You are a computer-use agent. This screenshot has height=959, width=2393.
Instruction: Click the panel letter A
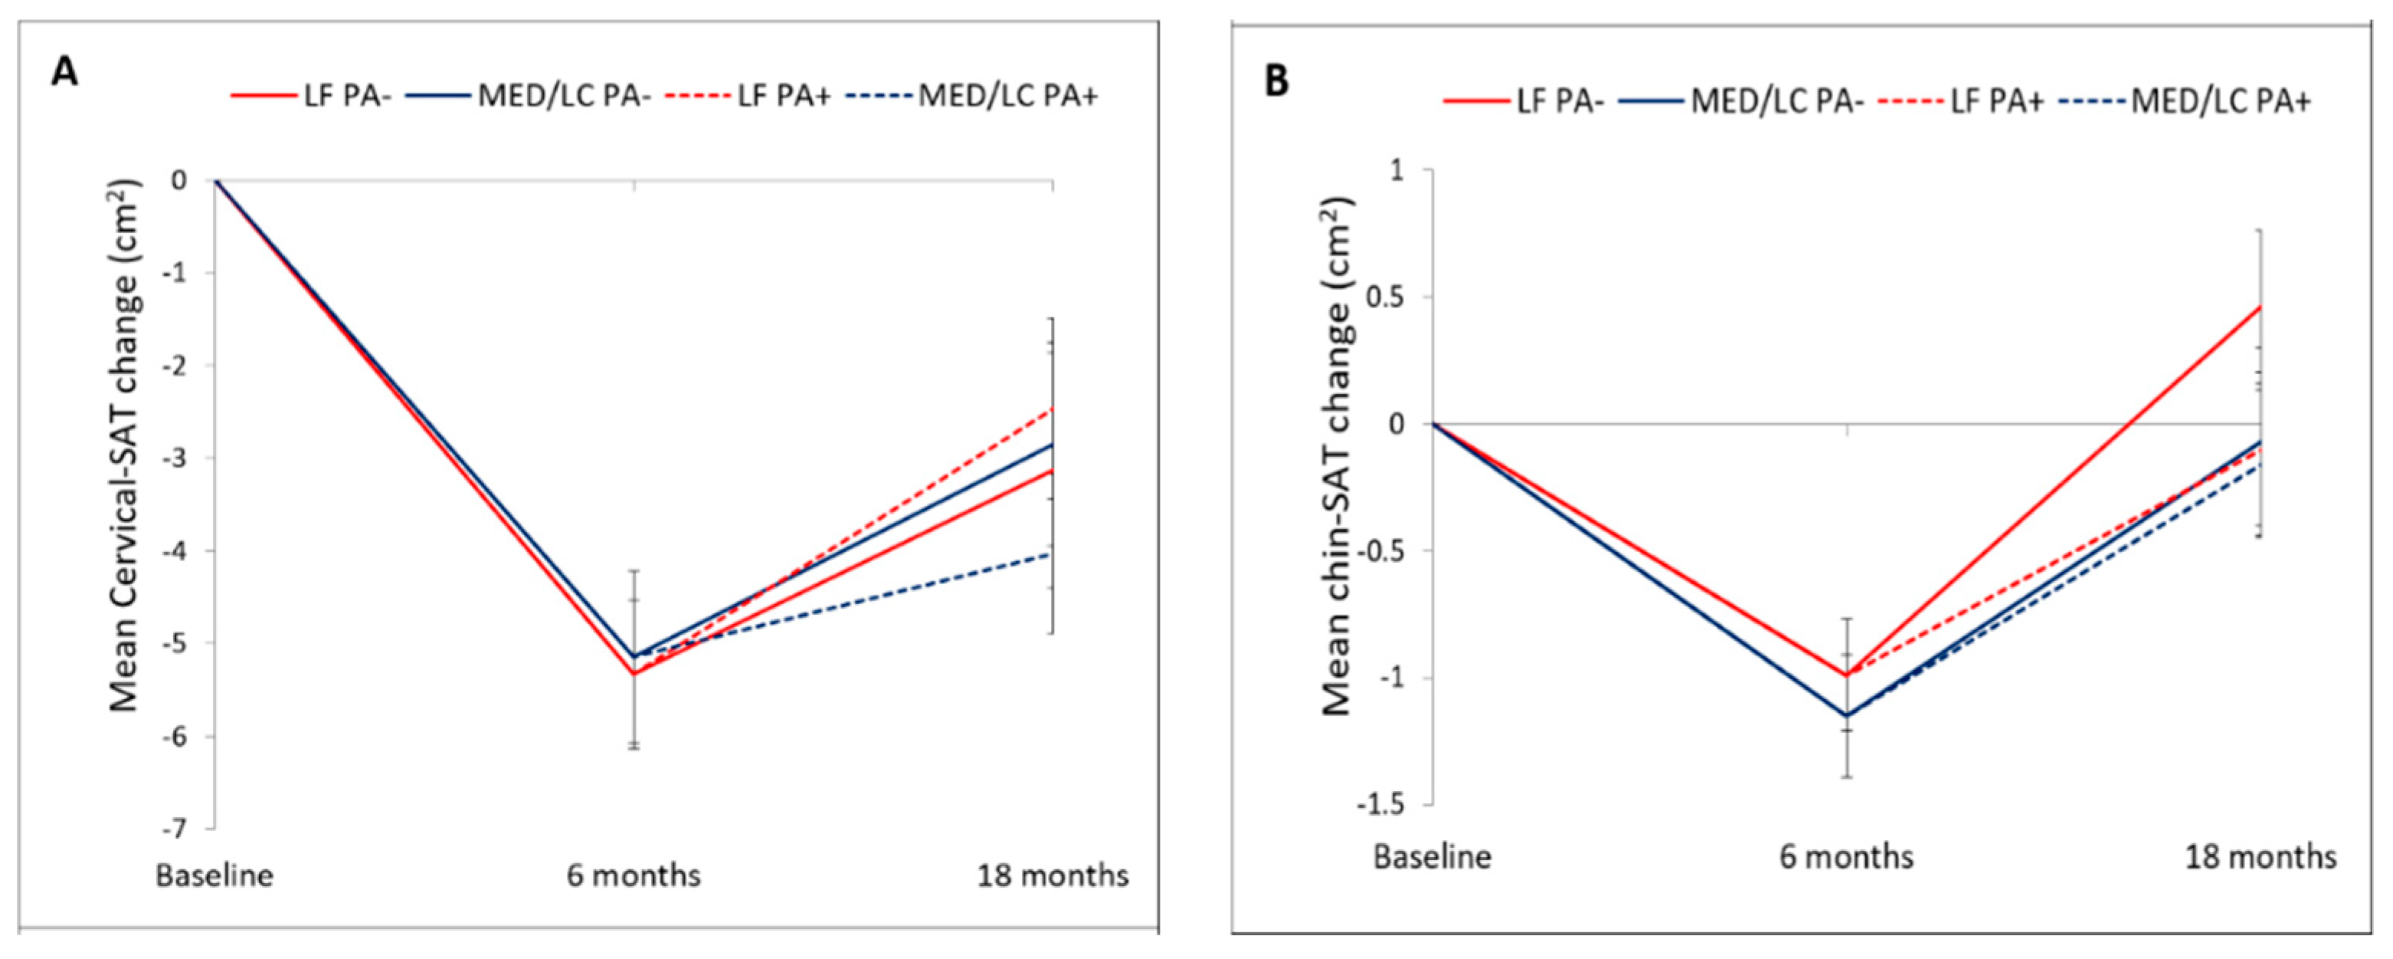coord(64,71)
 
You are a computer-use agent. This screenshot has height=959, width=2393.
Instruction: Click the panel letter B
coord(1278,82)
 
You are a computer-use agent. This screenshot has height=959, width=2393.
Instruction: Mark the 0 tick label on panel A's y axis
coord(178,179)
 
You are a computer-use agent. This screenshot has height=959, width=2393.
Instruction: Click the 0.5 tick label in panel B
coord(1383,297)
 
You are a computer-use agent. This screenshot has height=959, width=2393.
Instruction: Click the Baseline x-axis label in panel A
coord(214,875)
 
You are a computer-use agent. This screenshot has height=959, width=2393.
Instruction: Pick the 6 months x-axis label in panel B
coord(1846,856)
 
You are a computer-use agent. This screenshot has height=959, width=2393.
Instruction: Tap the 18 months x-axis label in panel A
coord(1052,875)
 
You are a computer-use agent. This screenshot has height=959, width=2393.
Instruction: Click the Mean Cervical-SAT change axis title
coord(125,446)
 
